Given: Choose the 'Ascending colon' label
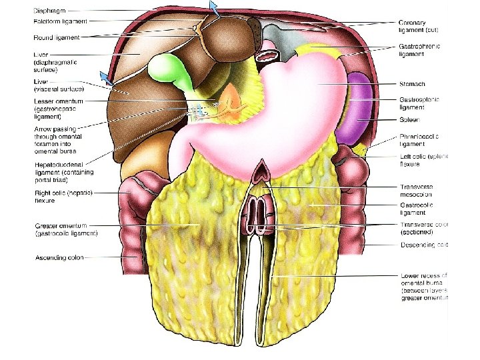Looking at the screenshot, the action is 59,257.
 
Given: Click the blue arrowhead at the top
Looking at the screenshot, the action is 213,7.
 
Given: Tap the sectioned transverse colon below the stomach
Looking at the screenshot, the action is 257,214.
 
